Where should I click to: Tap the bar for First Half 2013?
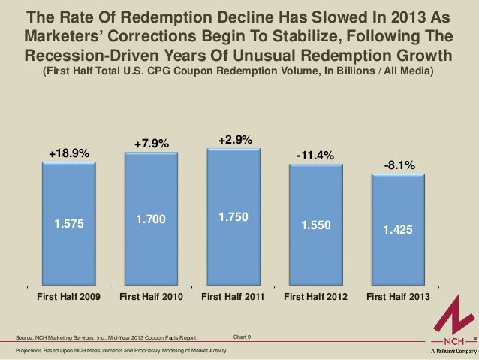tap(398, 230)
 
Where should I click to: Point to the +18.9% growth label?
tap(69, 153)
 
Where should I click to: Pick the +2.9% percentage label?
tap(234, 140)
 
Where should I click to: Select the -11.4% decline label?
tap(315, 156)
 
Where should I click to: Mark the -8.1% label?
tap(398, 165)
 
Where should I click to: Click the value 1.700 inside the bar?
tap(151, 219)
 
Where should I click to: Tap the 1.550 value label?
tap(315, 225)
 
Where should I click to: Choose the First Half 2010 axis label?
tap(151, 298)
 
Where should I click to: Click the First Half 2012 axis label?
tap(315, 298)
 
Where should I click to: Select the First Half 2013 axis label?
tap(398, 298)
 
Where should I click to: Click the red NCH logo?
tap(450, 319)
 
